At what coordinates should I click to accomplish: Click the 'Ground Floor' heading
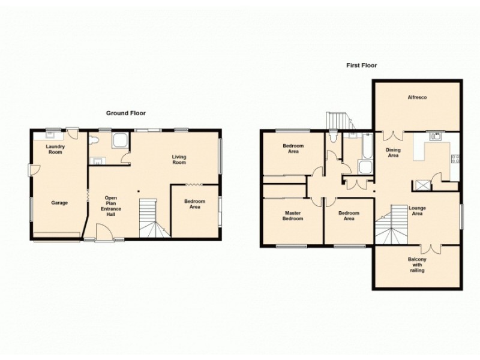click(126, 113)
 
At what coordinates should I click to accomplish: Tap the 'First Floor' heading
click(361, 65)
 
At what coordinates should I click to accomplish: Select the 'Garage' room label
click(59, 203)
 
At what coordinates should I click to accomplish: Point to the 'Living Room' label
click(179, 160)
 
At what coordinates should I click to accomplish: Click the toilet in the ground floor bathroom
click(94, 141)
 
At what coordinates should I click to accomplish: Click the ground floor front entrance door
click(103, 233)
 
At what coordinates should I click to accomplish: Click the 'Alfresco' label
click(417, 97)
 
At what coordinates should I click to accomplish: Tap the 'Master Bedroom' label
click(294, 216)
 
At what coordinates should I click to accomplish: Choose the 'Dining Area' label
click(393, 153)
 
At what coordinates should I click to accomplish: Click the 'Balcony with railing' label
click(417, 265)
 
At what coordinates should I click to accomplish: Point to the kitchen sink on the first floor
click(436, 136)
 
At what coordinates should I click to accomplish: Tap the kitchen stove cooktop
click(455, 160)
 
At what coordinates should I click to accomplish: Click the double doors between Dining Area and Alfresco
click(392, 135)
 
